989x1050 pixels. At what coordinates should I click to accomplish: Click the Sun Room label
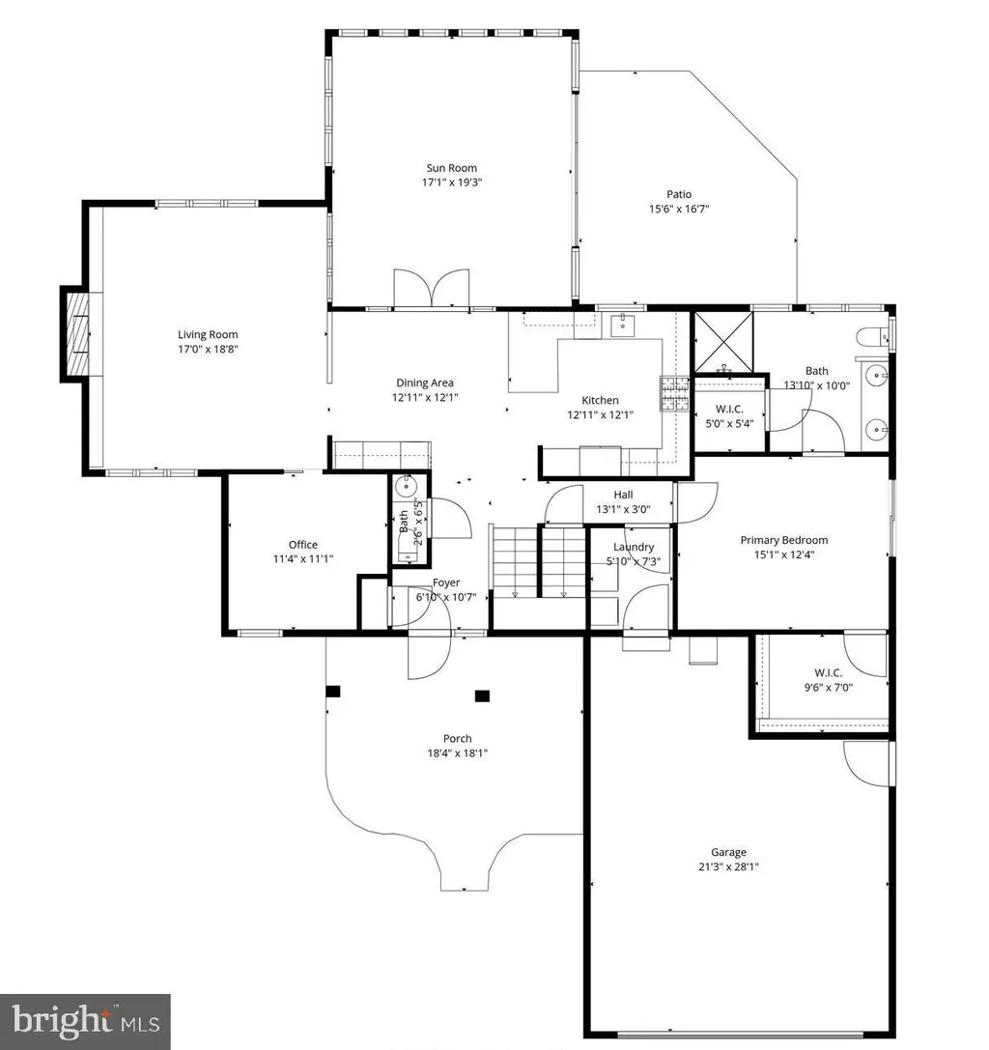452,168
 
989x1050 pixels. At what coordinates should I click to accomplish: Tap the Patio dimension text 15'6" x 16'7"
679,209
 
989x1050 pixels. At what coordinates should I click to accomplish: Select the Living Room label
208,335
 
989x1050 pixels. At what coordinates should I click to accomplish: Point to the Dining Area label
425,383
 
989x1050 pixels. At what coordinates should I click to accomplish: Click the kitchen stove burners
675,394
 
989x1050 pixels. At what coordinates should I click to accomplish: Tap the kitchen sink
623,325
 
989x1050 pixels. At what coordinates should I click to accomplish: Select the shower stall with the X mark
723,342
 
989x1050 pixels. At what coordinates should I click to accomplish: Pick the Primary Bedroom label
784,540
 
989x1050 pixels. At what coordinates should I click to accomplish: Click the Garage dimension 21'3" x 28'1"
728,866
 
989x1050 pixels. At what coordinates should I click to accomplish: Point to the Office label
302,545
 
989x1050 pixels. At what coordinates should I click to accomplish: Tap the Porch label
458,739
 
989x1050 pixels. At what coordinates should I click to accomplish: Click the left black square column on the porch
333,691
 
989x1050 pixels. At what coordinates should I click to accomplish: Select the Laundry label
634,547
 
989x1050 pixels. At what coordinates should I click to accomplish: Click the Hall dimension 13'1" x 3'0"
623,510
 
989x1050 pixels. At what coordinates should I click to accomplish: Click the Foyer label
446,582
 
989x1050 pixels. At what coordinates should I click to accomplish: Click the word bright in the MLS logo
61,1020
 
